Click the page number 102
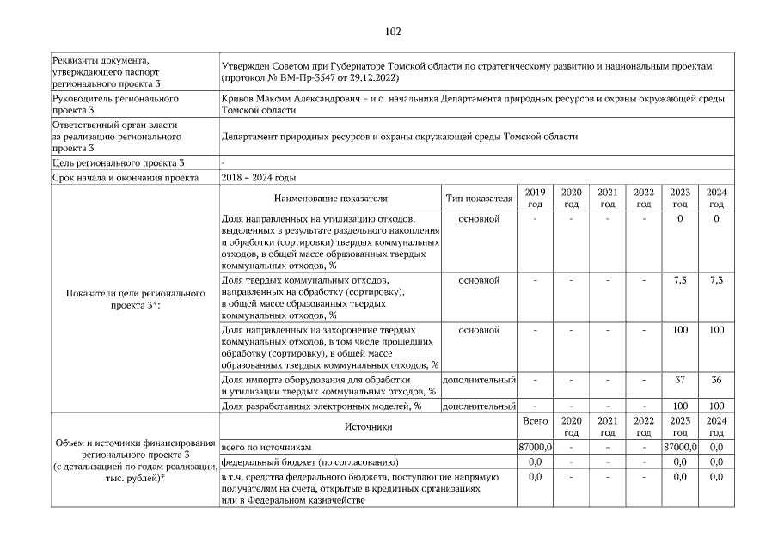coord(393,32)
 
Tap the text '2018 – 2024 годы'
coord(259,177)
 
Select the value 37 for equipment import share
coord(679,379)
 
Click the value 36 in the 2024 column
coord(716,379)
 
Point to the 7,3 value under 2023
coord(679,280)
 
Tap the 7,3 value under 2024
coord(716,280)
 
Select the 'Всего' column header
coord(535,421)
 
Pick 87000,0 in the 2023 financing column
coord(679,448)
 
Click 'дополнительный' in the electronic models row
coord(478,406)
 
